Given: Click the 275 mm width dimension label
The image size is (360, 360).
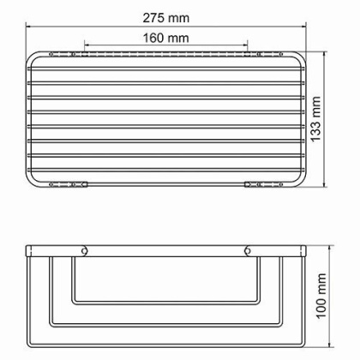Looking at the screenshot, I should (167, 17).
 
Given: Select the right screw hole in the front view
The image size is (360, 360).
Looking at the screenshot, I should (249, 252).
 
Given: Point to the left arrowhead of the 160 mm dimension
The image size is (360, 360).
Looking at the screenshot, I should (86, 46).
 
